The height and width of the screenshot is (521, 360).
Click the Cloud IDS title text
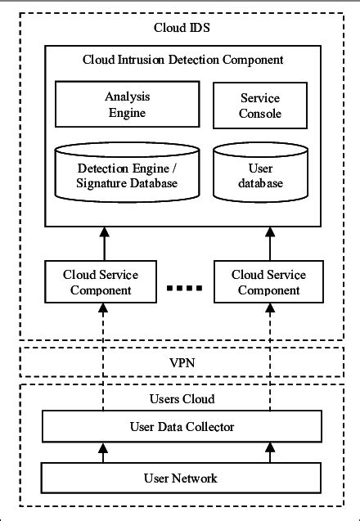click(x=179, y=29)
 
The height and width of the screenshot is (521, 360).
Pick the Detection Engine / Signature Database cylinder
click(x=127, y=175)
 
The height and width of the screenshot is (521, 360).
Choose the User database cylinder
click(x=260, y=175)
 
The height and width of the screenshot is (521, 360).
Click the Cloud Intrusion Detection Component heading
click(x=182, y=60)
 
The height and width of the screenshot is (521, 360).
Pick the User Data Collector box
click(x=182, y=427)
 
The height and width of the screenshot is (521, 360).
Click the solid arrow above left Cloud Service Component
click(x=104, y=243)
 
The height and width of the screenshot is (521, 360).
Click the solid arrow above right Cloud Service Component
click(x=270, y=243)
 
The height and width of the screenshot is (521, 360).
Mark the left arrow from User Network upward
click(x=104, y=451)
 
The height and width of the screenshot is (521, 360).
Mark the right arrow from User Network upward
click(x=270, y=451)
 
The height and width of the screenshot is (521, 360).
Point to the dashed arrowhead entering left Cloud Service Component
click(x=104, y=308)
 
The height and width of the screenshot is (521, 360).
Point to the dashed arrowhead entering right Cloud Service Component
click(x=270, y=308)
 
